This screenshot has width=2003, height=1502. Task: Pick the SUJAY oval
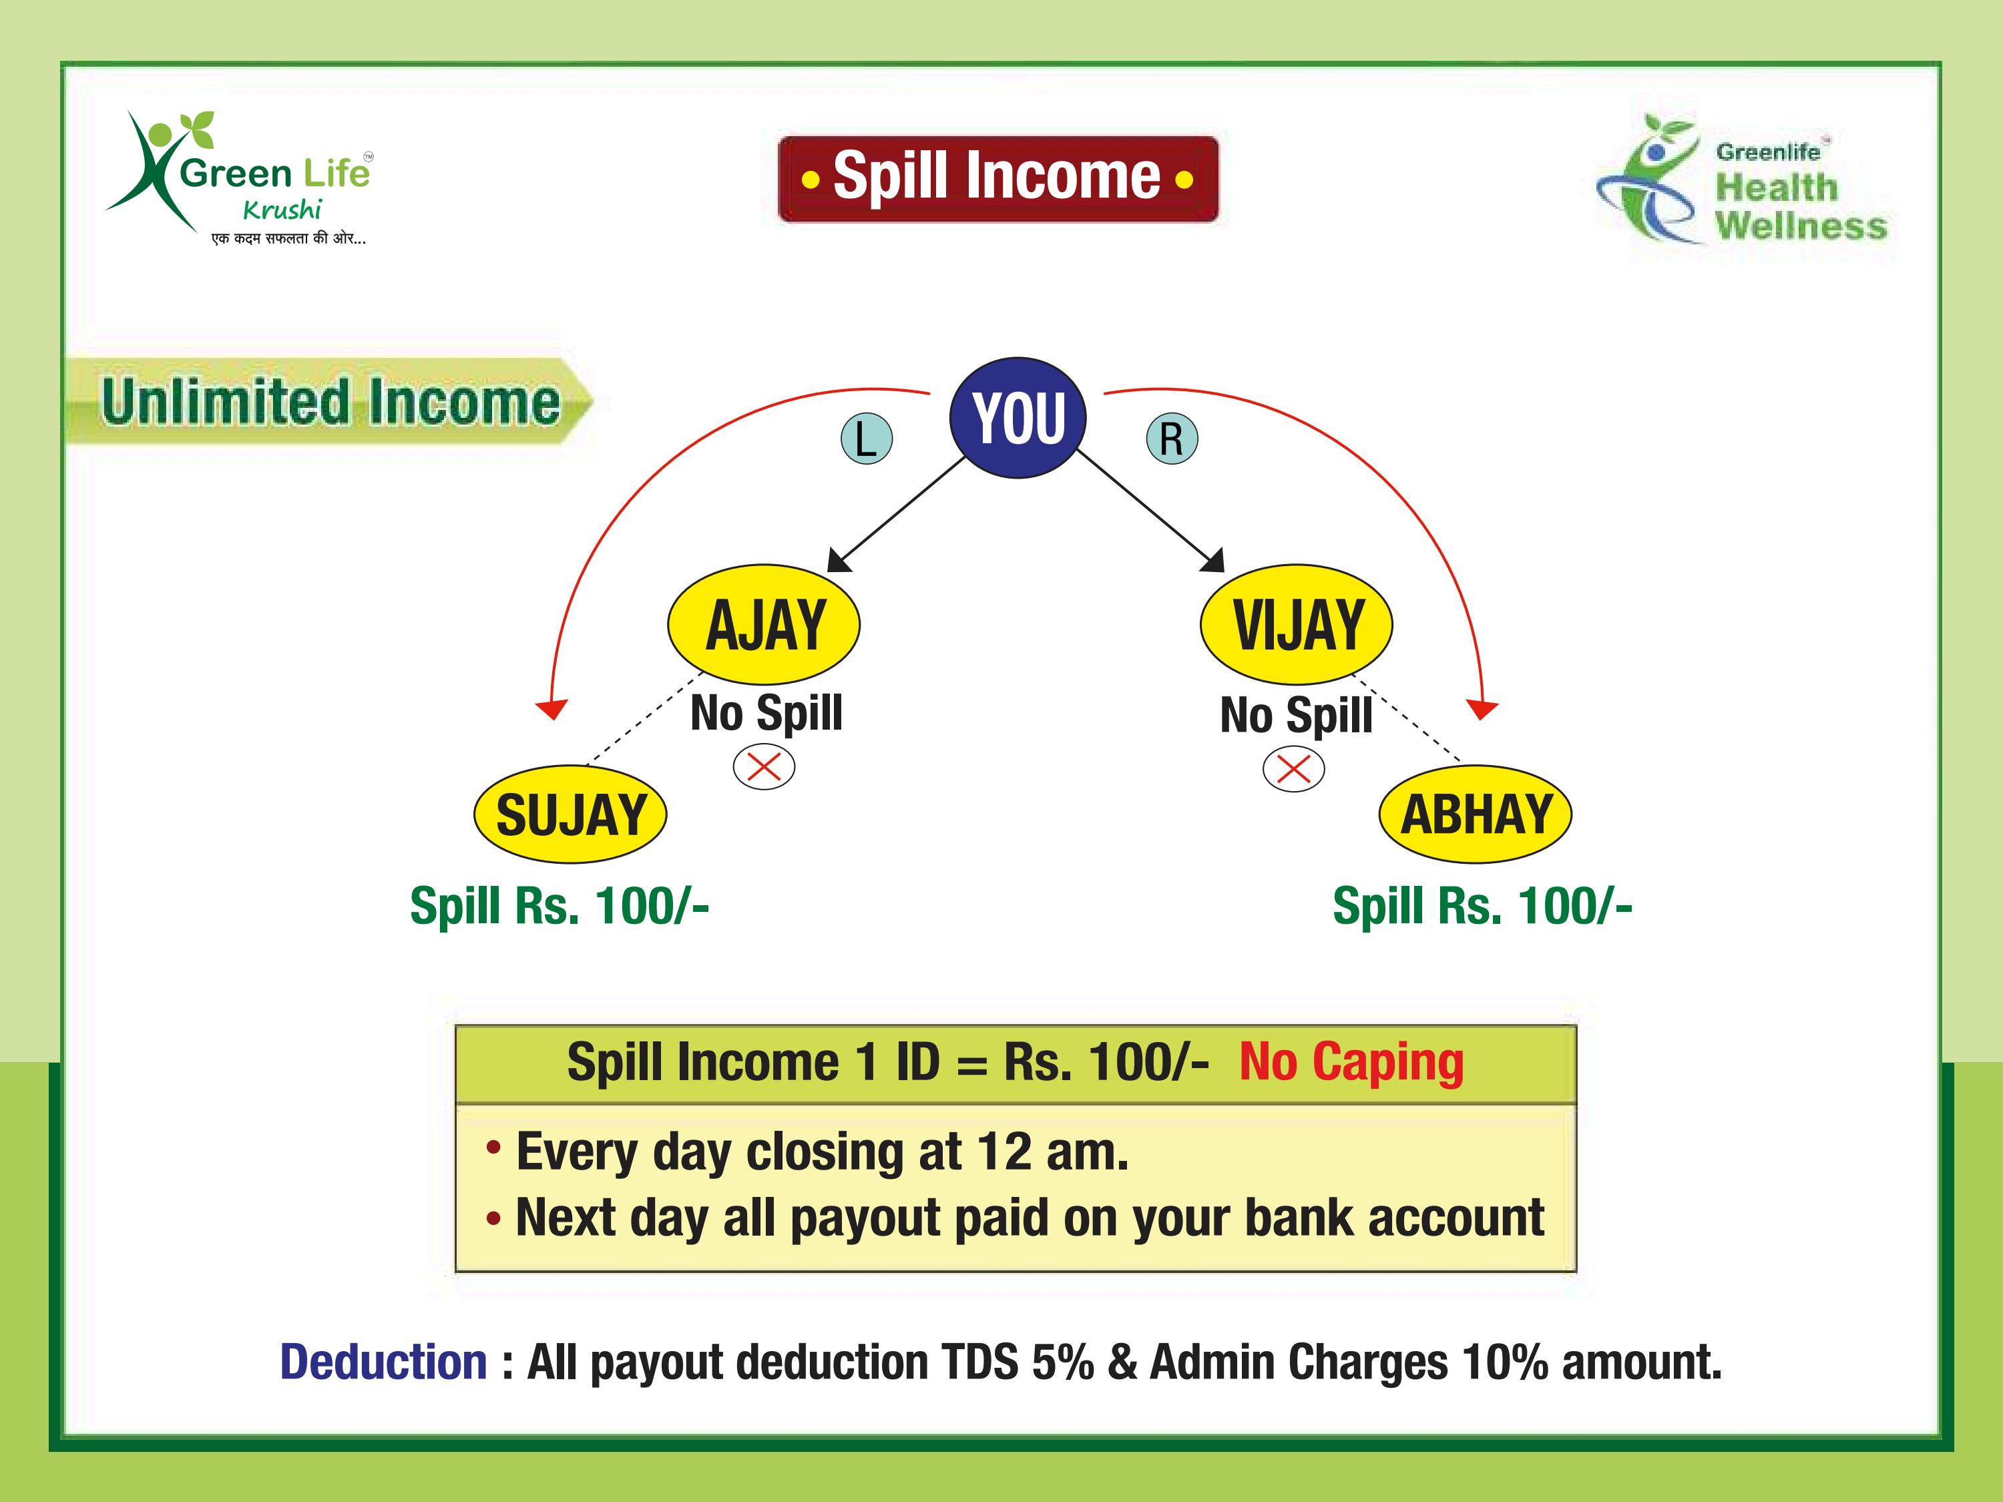570,814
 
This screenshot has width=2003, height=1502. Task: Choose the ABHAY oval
1475,814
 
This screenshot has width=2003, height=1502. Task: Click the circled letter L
867,439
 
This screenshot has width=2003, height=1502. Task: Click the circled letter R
1172,439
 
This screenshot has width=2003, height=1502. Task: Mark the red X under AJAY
763,768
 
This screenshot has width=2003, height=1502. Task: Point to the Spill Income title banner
998,178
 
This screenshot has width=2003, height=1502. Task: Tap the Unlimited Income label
330,401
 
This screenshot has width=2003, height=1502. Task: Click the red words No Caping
1351,1062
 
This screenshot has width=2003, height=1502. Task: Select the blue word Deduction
384,1362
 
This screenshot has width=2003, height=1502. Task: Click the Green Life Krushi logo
239,178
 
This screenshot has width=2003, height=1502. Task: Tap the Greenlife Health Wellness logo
1741,180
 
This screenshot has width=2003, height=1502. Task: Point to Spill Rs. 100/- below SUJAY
559,905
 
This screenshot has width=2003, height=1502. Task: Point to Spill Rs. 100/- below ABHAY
1482,905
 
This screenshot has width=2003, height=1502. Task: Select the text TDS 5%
1017,1362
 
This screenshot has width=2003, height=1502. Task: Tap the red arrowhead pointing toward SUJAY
551,709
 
